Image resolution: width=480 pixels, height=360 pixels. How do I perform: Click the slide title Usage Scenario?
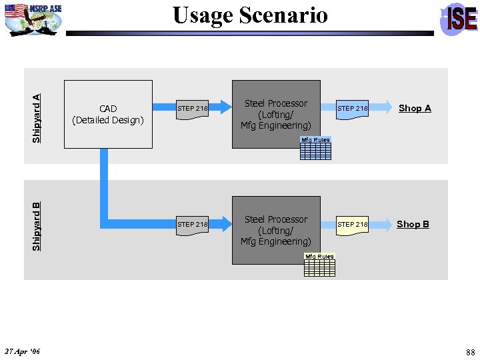[x=250, y=15]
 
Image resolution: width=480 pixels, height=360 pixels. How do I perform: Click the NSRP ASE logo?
[x=33, y=18]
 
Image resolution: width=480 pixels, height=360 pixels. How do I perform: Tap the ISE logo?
[x=460, y=19]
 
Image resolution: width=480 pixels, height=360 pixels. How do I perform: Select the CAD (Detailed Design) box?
[x=108, y=114]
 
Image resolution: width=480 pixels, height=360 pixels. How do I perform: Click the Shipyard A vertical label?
[x=37, y=117]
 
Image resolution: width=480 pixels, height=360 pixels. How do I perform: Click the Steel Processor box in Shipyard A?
[x=276, y=114]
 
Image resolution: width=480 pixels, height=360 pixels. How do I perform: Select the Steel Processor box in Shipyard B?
[x=276, y=230]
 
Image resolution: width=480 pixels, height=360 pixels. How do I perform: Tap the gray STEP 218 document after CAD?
[x=192, y=109]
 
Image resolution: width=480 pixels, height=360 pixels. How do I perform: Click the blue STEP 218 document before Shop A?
[x=352, y=109]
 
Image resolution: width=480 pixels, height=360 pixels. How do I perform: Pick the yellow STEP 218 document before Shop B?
[x=352, y=225]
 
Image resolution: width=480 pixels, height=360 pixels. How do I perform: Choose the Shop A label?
[x=415, y=108]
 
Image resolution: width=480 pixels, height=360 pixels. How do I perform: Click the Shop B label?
[x=413, y=224]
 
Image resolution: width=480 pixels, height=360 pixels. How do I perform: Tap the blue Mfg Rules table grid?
[x=315, y=152]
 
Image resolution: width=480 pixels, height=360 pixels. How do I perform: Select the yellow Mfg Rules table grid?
[x=320, y=267]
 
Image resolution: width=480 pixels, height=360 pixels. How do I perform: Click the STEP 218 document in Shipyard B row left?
[x=192, y=225]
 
